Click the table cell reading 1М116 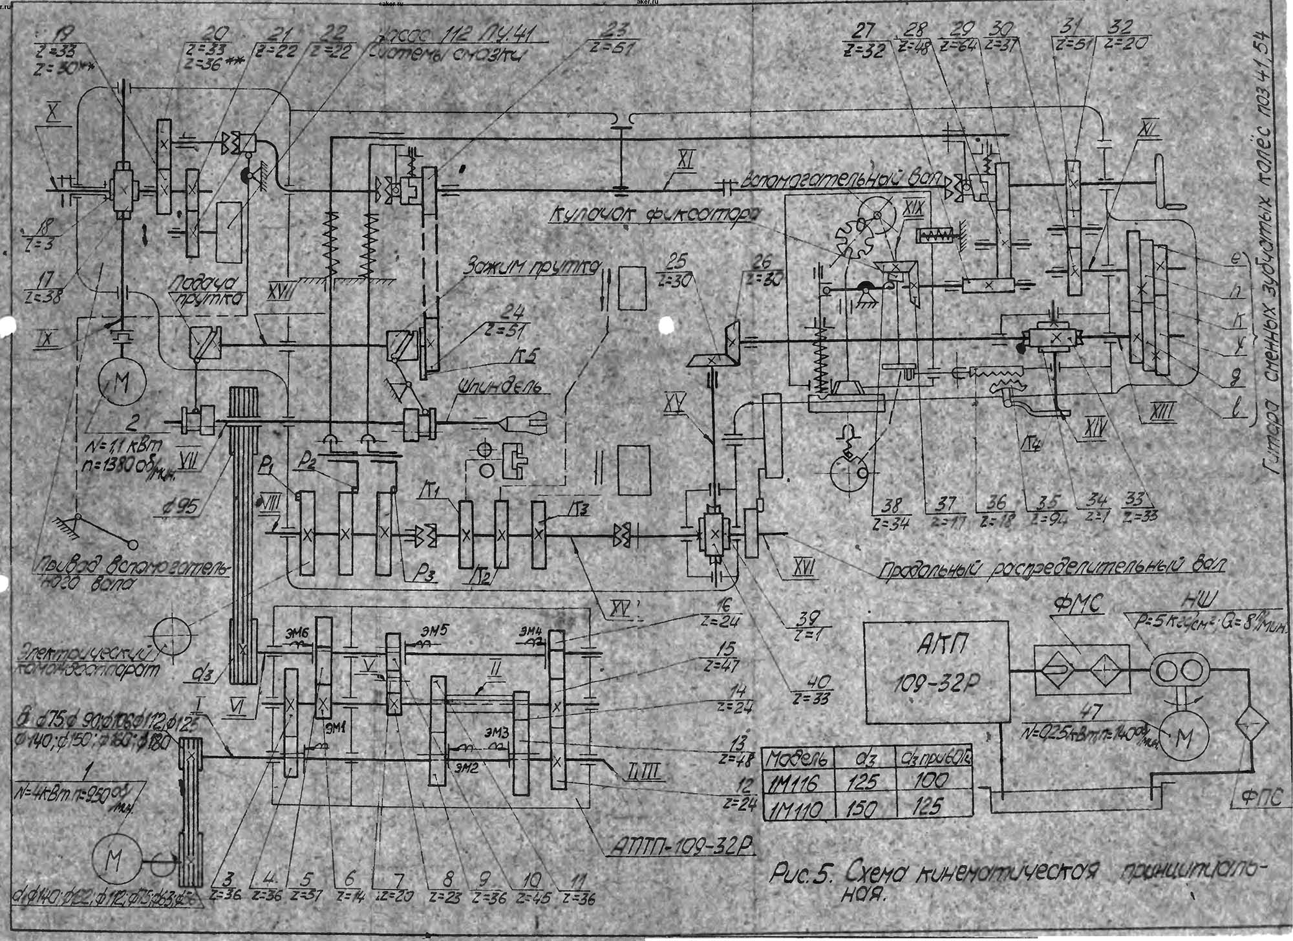[795, 783]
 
